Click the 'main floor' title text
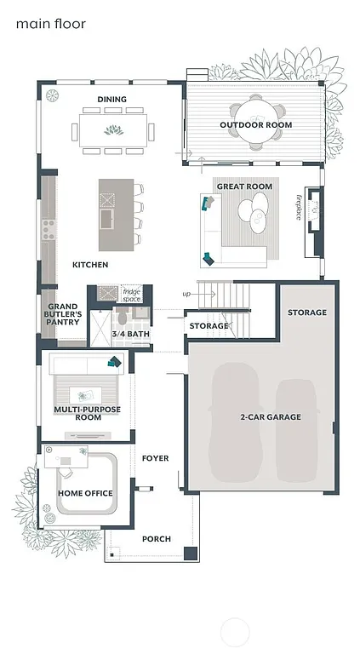coord(50,25)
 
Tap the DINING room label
coord(111,100)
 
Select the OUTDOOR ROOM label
coord(255,125)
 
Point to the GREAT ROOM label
coord(244,186)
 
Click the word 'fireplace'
coord(299,207)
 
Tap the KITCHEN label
coord(89,265)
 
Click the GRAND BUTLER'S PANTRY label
coord(64,314)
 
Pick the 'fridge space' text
coord(131,295)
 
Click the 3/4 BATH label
coord(129,334)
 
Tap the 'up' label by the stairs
coord(186,294)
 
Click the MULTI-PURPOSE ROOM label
coord(87,413)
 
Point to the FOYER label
coord(155,458)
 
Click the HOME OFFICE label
coord(85,493)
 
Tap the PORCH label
coord(156,538)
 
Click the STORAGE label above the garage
coord(306,313)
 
